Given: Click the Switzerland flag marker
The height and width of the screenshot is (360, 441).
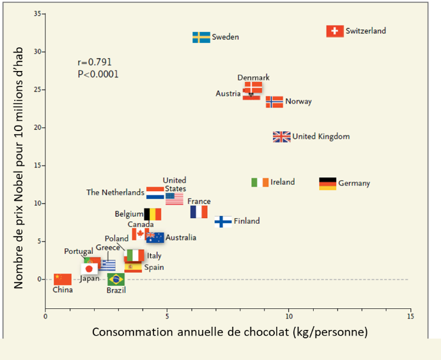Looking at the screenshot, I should pyautogui.click(x=335, y=31).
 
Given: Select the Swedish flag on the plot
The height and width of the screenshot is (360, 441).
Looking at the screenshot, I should pyautogui.click(x=201, y=37).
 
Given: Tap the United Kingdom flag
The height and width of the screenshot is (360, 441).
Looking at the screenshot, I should pyautogui.click(x=282, y=136).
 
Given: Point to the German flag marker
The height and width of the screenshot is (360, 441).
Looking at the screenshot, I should pyautogui.click(x=327, y=184).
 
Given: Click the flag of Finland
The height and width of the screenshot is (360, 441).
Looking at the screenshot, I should pyautogui.click(x=223, y=222).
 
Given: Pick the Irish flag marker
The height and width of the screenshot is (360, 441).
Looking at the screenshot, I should pyautogui.click(x=260, y=182).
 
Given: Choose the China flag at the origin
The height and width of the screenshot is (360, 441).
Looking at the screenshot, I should pyautogui.click(x=63, y=279).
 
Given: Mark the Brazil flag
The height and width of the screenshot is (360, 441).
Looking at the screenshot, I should pyautogui.click(x=116, y=279).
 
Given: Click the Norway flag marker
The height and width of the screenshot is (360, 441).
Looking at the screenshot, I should pyautogui.click(x=274, y=102).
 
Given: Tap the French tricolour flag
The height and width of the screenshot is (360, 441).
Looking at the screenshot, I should pyautogui.click(x=199, y=212).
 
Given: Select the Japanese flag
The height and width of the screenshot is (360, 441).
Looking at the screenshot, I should pyautogui.click(x=90, y=269).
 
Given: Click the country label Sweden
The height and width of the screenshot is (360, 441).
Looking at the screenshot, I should pyautogui.click(x=226, y=37).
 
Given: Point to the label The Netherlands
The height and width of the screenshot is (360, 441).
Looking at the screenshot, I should pyautogui.click(x=115, y=192).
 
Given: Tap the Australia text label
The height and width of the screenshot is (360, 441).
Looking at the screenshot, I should pyautogui.click(x=181, y=238).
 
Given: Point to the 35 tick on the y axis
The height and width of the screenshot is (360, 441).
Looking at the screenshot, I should pyautogui.click(x=39, y=13).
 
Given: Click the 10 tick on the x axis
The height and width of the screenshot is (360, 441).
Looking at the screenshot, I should pyautogui.click(x=288, y=316).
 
